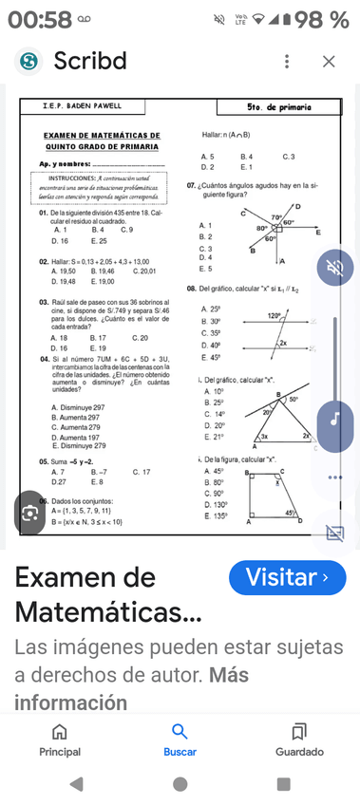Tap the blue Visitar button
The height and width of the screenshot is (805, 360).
coord(288,577)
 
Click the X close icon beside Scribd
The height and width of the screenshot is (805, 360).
coord(329,62)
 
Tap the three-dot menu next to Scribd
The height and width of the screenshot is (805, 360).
coord(287,62)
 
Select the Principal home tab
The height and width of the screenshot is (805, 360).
coord(60,739)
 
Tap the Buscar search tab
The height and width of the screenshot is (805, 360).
coord(180,739)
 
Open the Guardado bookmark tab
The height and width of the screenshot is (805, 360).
coord(299,739)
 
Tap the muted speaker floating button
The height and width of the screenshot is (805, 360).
coord(334,270)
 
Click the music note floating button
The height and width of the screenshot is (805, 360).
coord(334,418)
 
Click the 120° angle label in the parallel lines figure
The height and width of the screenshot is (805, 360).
coord(275,316)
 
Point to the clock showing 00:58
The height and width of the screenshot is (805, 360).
coord(39,19)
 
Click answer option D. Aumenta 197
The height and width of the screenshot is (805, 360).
coord(79,437)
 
